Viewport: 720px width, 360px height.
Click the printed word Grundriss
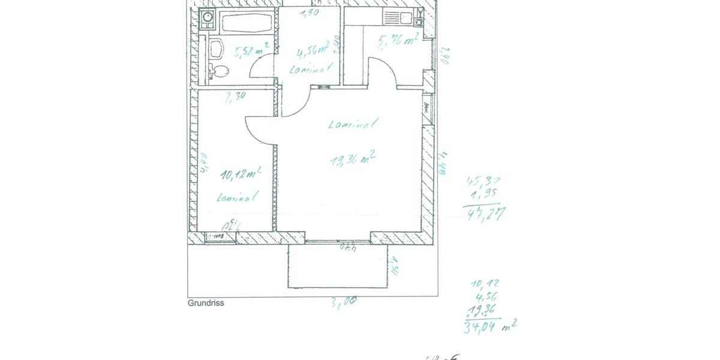coord(206,304)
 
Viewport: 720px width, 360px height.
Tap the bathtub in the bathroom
coord(247,23)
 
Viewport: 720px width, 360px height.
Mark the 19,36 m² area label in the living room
coord(353,160)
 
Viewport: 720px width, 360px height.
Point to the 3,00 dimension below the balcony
coord(344,303)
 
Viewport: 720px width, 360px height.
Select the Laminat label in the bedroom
coord(238,196)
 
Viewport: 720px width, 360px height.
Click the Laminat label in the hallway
coord(310,70)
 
